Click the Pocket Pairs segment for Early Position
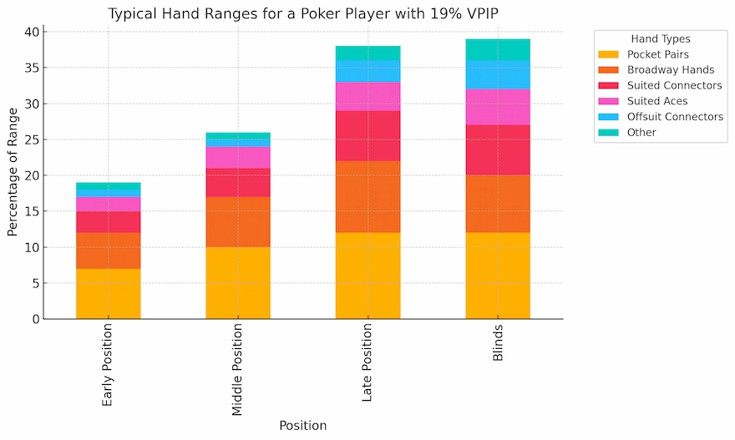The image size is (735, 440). click(x=108, y=293)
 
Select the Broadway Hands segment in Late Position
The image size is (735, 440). click(x=367, y=196)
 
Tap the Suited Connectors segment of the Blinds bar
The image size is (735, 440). click(x=498, y=149)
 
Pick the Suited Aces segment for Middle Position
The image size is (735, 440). click(x=238, y=157)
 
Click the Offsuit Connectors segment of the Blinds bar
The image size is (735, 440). click(x=498, y=74)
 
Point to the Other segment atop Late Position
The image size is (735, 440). click(x=367, y=53)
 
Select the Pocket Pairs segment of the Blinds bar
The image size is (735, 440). click(x=498, y=276)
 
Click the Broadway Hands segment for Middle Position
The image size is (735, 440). click(x=238, y=222)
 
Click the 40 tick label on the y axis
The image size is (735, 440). click(x=30, y=32)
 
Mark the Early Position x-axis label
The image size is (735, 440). click(x=108, y=365)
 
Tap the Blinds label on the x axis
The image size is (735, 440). click(x=498, y=344)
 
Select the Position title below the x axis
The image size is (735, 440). click(x=302, y=426)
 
